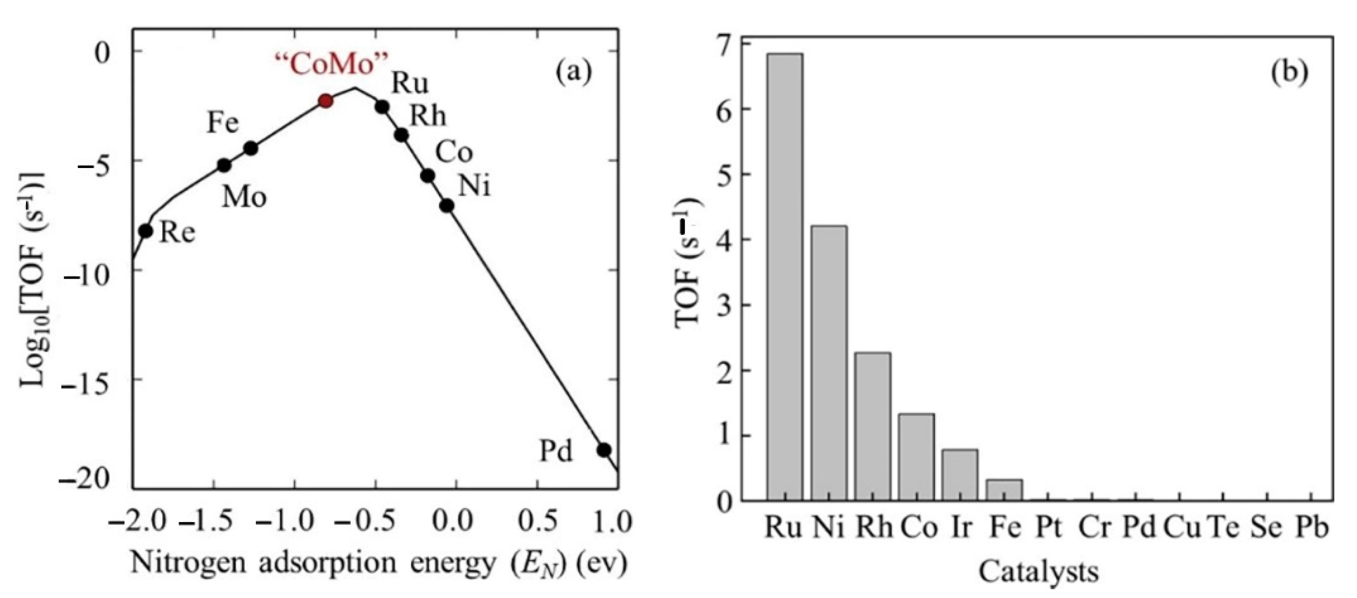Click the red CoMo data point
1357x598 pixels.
coord(326,101)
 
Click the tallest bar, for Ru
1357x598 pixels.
coord(785,277)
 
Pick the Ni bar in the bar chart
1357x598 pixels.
coord(829,363)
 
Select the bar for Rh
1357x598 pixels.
coord(873,427)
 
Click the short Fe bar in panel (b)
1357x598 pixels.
coord(1004,490)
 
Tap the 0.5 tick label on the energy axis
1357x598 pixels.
coord(536,522)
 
